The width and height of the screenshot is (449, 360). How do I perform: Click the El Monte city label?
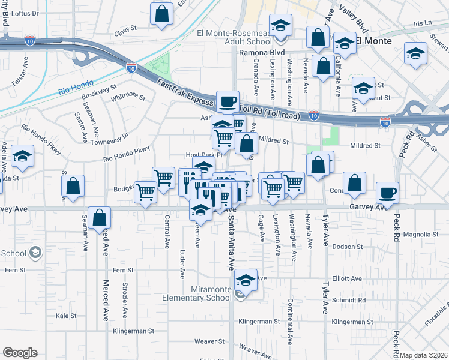point(373,41)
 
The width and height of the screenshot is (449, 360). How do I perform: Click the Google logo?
point(20,353)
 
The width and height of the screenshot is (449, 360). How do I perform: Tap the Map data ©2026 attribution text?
point(424,355)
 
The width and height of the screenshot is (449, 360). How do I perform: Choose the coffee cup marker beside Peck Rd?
point(387,193)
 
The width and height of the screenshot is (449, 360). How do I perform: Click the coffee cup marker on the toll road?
point(228,101)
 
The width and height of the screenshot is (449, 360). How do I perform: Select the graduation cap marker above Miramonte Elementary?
point(245,280)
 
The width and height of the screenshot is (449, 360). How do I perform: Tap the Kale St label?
point(67,315)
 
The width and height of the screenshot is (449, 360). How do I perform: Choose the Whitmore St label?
point(128,95)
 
